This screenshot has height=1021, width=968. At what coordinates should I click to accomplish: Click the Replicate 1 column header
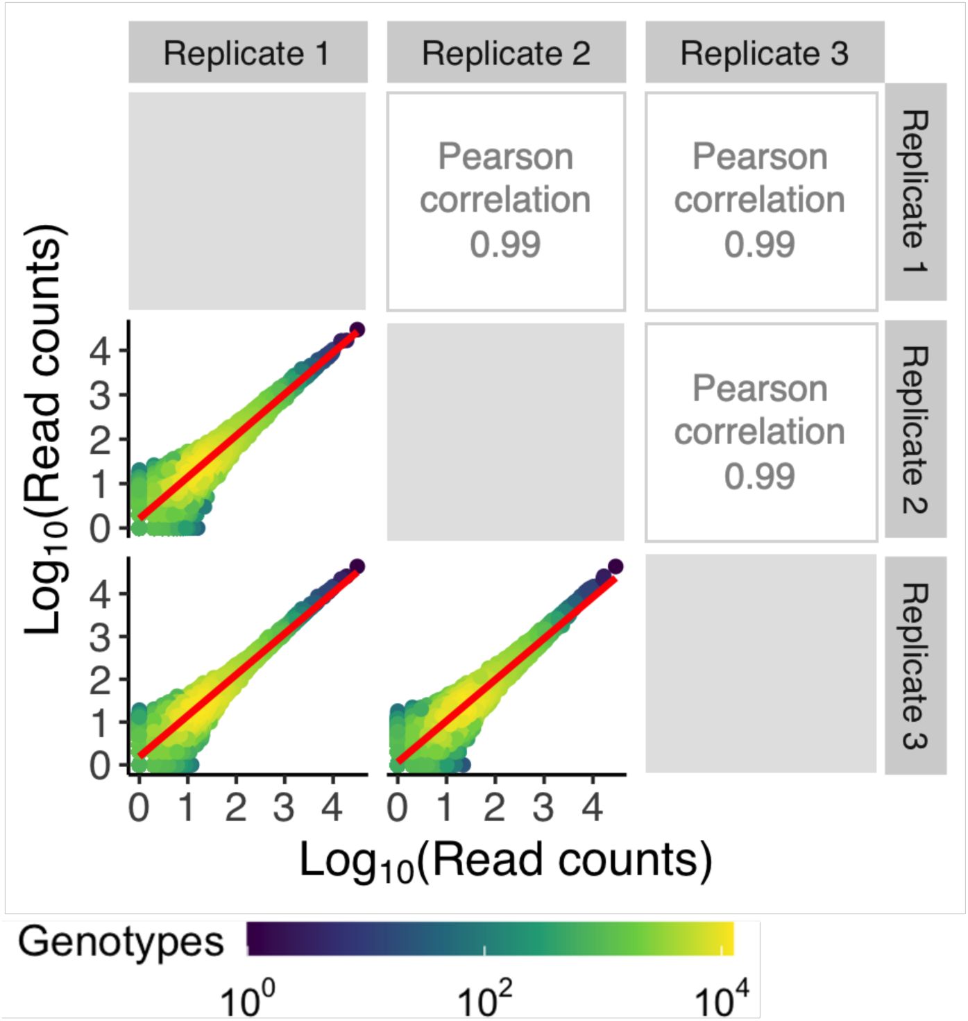(247, 53)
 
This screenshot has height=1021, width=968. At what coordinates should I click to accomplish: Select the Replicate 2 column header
(506, 53)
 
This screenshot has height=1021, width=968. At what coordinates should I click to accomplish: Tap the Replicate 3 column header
(764, 53)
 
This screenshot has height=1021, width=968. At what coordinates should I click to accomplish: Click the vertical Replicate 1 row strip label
(915, 192)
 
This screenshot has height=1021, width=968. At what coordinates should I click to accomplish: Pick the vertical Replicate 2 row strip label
(915, 430)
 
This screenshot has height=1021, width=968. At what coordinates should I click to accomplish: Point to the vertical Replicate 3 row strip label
(915, 666)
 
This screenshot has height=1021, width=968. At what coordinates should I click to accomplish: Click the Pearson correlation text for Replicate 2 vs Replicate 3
(760, 432)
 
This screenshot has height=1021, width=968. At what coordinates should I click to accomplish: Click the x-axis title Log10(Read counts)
(505, 861)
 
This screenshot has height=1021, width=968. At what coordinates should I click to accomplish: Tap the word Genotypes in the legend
(121, 942)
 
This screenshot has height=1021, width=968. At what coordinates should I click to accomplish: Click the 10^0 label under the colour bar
(248, 1000)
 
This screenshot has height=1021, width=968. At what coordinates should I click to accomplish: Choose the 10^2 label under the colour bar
(484, 1000)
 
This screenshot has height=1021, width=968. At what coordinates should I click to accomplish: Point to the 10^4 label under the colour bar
(722, 1000)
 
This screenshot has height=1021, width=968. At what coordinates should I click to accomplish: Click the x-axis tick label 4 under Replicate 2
(592, 807)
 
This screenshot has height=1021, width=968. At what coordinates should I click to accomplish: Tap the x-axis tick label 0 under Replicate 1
(139, 807)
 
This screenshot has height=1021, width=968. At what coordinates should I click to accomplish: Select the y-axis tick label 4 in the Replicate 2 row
(101, 351)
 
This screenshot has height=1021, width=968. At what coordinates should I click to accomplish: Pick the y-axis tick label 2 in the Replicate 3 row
(101, 680)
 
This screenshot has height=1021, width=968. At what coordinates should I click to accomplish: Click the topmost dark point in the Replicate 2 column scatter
(615, 566)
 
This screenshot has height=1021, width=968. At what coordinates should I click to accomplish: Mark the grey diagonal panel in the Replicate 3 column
(761, 664)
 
